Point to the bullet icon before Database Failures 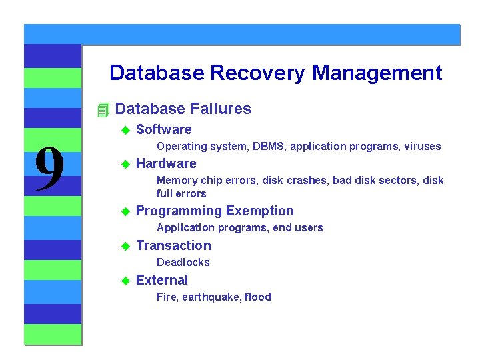pos(102,109)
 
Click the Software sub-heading pos(163,129)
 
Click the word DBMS pos(267,147)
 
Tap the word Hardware pos(166,164)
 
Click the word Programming pos(179,211)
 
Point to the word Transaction pos(173,246)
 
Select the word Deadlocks pos(183,263)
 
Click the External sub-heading pos(162,281)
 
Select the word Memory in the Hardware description pos(177,181)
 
